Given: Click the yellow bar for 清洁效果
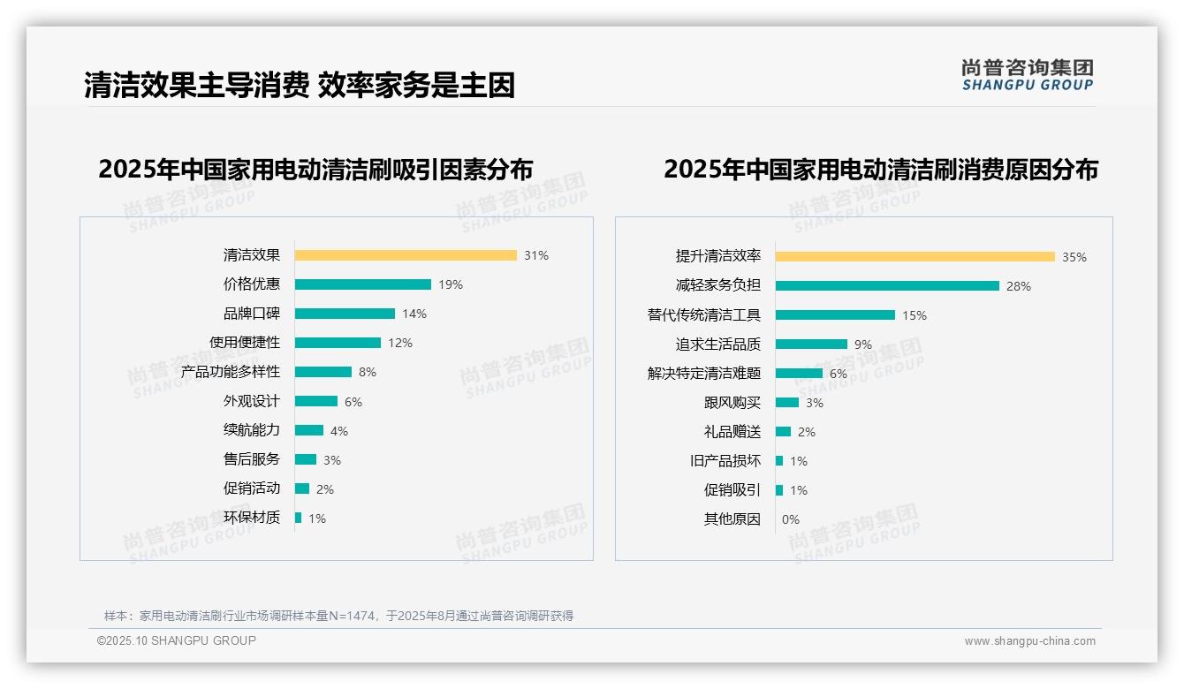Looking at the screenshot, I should click(x=406, y=255).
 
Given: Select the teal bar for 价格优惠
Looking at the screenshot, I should click(x=362, y=284).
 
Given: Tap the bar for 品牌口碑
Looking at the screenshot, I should click(x=345, y=314).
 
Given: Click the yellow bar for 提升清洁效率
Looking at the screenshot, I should click(x=915, y=256).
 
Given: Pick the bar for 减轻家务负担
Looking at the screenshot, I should click(x=887, y=285).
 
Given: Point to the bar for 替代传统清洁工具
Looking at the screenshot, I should click(x=835, y=314).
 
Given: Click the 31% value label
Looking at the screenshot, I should click(x=535, y=255).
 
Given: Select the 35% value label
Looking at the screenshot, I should click(x=1074, y=257).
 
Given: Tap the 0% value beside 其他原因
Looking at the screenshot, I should click(x=790, y=519).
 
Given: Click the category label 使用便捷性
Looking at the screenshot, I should click(x=245, y=343).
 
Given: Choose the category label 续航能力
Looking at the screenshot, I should click(x=252, y=430).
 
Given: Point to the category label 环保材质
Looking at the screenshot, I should click(x=252, y=518).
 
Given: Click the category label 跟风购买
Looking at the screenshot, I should click(x=732, y=403).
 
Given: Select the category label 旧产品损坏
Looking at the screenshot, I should click(x=725, y=461).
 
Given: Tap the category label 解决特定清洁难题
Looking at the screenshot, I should click(x=704, y=374).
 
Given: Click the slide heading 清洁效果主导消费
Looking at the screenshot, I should click(x=196, y=85).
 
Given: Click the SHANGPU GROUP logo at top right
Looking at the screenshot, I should click(x=1027, y=75).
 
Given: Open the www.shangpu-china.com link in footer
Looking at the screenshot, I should click(x=1029, y=641).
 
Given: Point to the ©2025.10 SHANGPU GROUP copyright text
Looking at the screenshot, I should click(x=177, y=640).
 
